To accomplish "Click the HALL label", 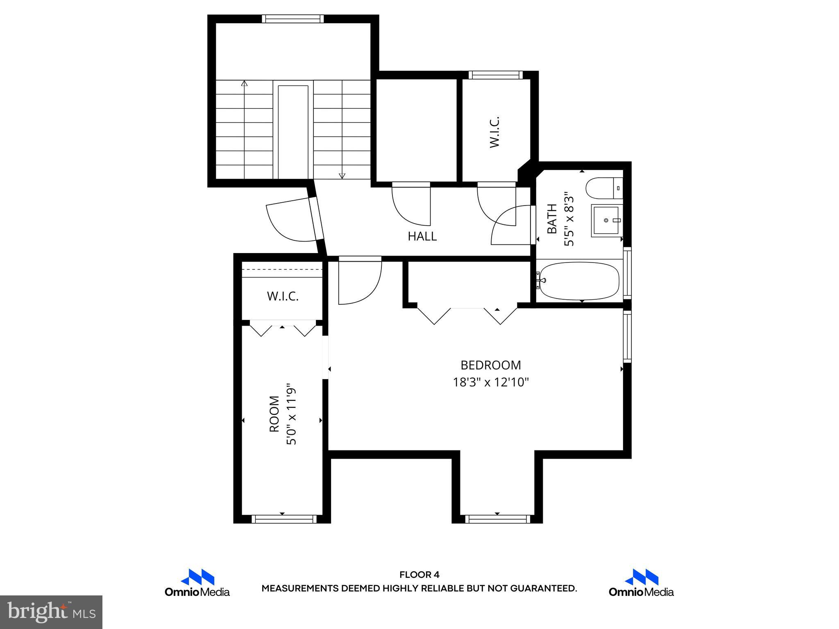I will [x=422, y=236].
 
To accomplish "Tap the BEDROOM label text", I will [x=490, y=365].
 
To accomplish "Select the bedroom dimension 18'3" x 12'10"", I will [x=490, y=382].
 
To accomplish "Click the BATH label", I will [x=552, y=219].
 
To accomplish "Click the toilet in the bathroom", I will [x=604, y=188].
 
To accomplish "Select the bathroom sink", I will [x=605, y=220].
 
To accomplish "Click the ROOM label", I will [x=274, y=414].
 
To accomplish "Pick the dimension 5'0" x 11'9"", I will [x=291, y=414].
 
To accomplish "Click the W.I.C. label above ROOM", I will [x=283, y=296].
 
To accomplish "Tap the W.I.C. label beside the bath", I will [x=494, y=132].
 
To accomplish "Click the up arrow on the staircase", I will [x=245, y=84].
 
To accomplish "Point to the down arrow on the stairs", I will [x=342, y=176].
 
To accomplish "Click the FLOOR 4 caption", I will [x=419, y=575].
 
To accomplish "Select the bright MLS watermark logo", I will [x=51, y=612].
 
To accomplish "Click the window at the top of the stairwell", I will [x=293, y=19].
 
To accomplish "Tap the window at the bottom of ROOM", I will [x=284, y=519].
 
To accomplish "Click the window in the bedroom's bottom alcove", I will [x=497, y=519].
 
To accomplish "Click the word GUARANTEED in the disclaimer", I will [x=543, y=588].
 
